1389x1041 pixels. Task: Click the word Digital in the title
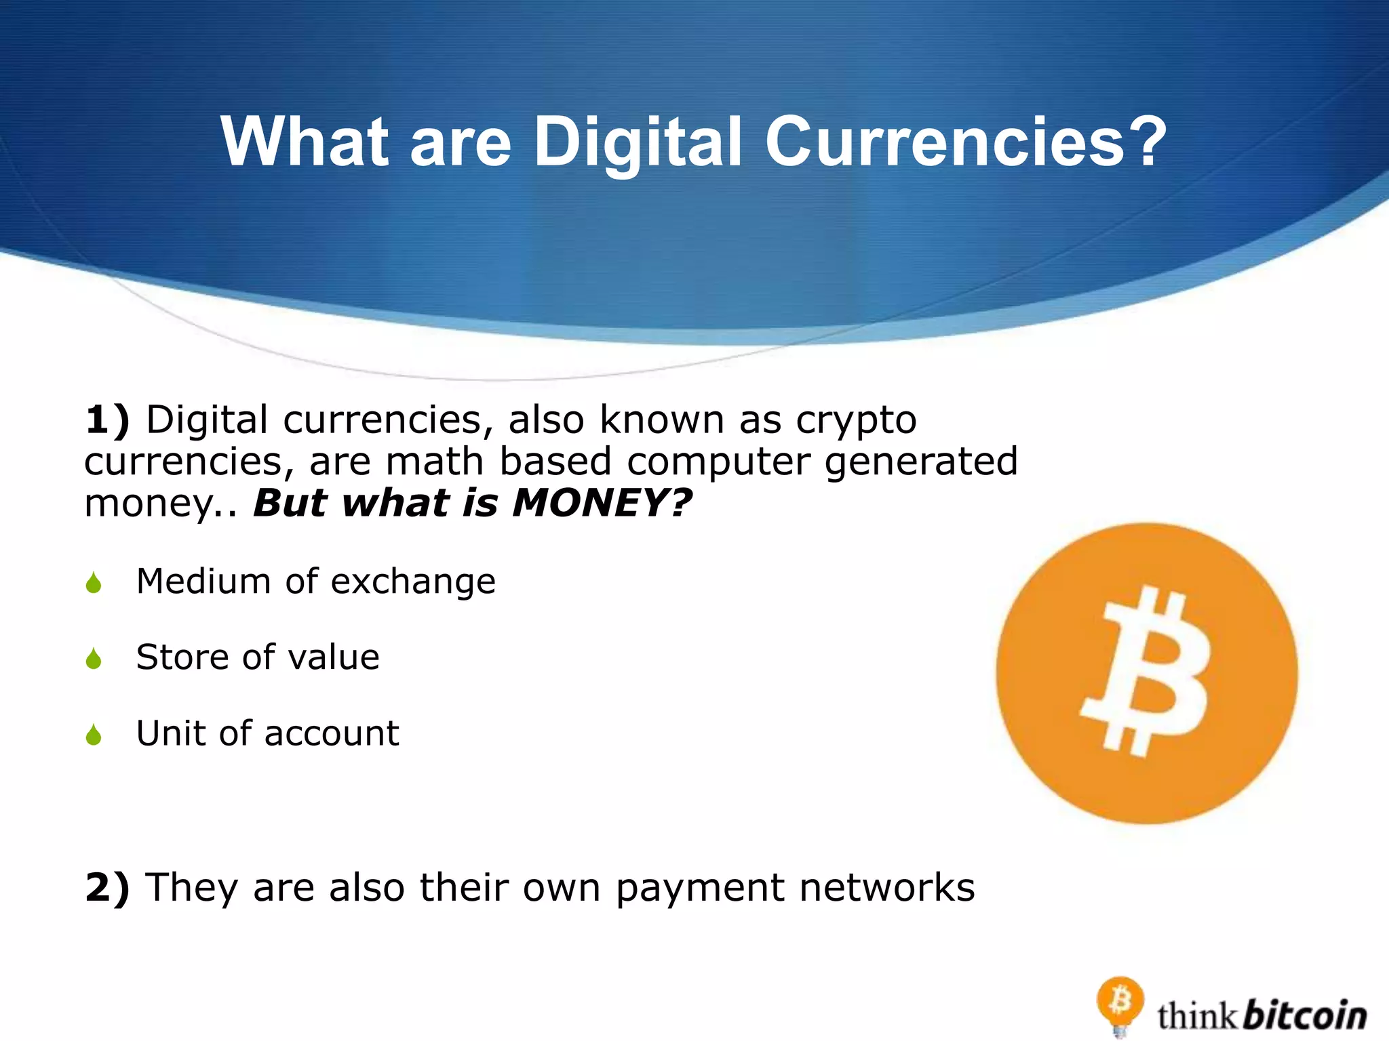[638, 142]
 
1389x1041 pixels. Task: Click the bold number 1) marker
[107, 420]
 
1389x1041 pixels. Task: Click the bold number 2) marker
[107, 888]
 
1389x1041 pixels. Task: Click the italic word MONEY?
[602, 504]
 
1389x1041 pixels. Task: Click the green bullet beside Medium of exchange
[94, 583]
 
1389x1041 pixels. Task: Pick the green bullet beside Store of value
[94, 658]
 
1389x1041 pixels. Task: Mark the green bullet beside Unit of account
[94, 734]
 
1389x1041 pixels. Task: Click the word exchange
[413, 582]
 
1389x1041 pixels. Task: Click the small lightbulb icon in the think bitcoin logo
[1120, 1004]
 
